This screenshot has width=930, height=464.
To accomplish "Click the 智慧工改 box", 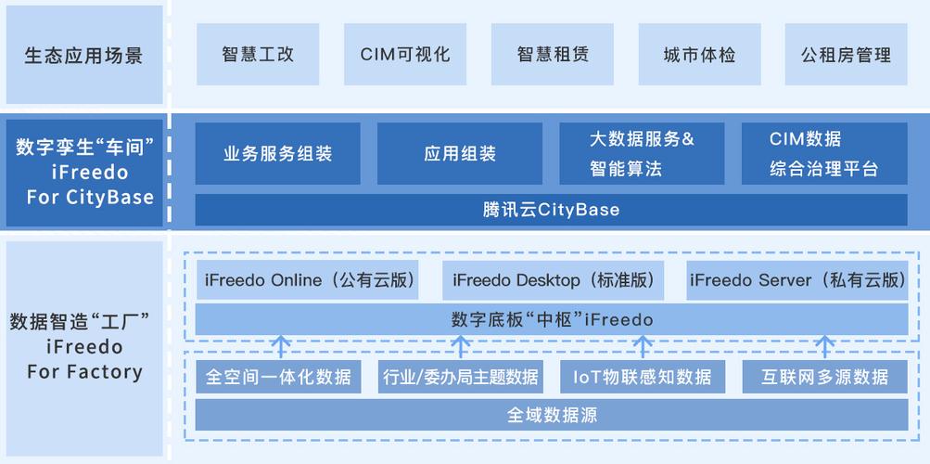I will coord(258,55).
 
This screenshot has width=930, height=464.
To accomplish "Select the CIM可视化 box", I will coord(405,55).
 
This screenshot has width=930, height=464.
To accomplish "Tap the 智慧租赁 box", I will coord(553,55).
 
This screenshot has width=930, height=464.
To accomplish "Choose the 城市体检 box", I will coord(699,55).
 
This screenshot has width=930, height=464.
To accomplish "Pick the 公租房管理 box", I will coord(846,55).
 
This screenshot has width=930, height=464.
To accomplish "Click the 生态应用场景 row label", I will coord(84,55).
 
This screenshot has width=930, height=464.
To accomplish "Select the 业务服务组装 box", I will coord(278,154).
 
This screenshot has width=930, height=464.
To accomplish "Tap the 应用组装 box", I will coord(460,154).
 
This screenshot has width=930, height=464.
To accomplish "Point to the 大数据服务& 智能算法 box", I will coord(642,154).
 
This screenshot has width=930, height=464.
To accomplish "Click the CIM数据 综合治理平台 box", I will coord(824,154).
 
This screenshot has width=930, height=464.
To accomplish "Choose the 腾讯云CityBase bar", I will coord(551,210).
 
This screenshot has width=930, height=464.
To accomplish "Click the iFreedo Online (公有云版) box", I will coord(309,280).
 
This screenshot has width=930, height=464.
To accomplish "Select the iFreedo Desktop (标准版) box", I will coord(553,280).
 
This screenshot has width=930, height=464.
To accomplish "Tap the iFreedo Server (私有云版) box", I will coord(797,280).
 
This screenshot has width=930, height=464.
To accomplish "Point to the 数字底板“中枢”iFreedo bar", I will coord(551,320).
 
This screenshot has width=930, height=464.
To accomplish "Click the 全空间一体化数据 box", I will coord(278,377).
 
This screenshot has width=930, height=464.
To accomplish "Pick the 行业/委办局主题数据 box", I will coord(460,377).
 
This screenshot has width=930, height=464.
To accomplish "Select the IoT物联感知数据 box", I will coord(642,377).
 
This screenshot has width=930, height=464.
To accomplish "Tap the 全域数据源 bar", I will coord(551,415).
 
